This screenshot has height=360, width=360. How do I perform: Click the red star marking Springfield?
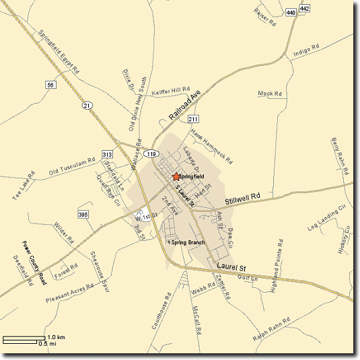pyautogui.click(x=176, y=176)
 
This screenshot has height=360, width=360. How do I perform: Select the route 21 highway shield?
pyautogui.click(x=87, y=106)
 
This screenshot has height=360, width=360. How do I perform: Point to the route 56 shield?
pyautogui.click(x=50, y=85)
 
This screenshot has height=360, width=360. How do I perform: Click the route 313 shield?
pyautogui.click(x=107, y=155)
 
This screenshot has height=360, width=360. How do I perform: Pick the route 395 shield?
pyautogui.click(x=83, y=215)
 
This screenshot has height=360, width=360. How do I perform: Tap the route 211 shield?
pyautogui.click(x=192, y=119)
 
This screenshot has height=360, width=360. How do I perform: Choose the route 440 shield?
pyautogui.click(x=290, y=12)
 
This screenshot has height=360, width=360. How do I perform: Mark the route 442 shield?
pyautogui.click(x=305, y=8)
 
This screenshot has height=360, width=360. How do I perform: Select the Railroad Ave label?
pyautogui.click(x=185, y=106)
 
